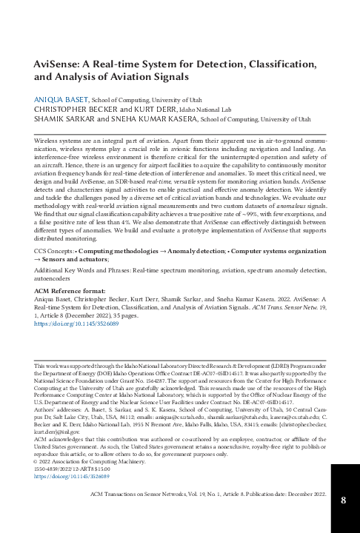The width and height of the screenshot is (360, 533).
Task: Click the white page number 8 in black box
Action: [x=343, y=500]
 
